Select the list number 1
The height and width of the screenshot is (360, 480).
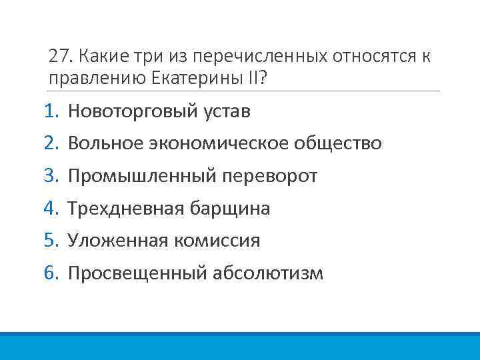click(x=52, y=111)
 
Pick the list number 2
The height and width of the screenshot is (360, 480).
click(x=52, y=143)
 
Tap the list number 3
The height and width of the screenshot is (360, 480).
click(x=52, y=176)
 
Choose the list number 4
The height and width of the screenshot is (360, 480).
click(x=52, y=209)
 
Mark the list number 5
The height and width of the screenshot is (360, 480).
click(x=52, y=241)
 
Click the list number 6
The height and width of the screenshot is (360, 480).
click(x=52, y=273)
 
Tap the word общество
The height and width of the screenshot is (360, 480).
click(x=342, y=143)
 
